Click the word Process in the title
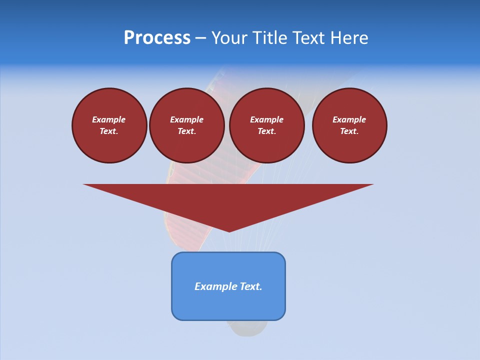[157, 38]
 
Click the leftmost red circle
[109, 125]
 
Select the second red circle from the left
[187, 125]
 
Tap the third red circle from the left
[267, 125]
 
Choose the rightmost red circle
[349, 125]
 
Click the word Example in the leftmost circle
[109, 119]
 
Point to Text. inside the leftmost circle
[109, 131]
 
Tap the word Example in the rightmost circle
[349, 119]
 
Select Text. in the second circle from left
[187, 131]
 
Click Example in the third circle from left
[267, 119]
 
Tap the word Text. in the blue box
[250, 286]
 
